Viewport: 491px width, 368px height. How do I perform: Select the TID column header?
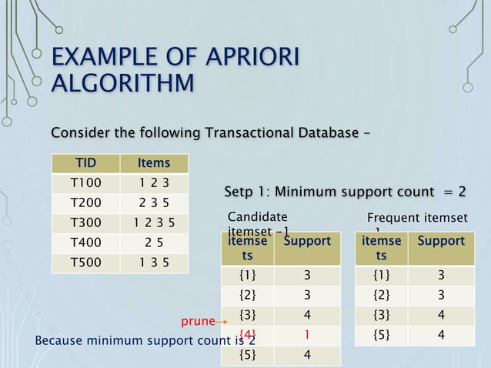click(85, 163)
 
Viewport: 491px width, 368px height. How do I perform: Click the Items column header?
click(154, 163)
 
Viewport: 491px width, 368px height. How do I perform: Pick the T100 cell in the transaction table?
click(85, 183)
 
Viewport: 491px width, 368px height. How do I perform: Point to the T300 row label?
click(85, 223)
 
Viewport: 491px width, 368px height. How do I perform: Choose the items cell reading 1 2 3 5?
click(154, 223)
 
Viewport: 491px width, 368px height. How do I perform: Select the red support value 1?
click(306, 335)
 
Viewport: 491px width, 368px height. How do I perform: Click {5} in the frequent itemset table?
click(380, 335)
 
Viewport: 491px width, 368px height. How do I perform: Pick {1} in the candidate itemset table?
click(248, 275)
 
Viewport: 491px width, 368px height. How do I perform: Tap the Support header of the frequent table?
click(441, 241)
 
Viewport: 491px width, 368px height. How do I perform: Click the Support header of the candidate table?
click(307, 241)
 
